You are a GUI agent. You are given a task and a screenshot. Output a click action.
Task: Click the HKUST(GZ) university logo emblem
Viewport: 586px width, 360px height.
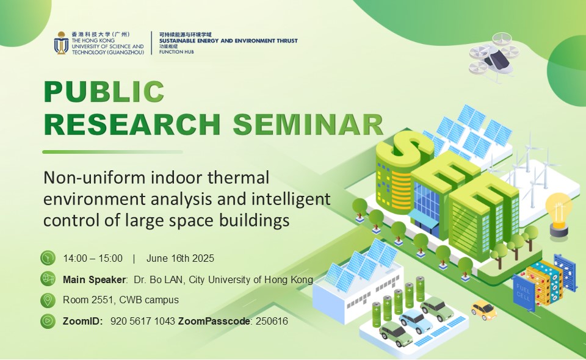[61, 43]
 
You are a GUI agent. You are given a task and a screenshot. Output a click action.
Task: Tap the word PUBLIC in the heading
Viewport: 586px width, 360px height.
[104, 91]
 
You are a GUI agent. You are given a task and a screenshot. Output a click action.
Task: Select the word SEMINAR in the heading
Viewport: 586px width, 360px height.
[308, 124]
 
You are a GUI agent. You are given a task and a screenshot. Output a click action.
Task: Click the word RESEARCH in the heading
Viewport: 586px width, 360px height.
[132, 124]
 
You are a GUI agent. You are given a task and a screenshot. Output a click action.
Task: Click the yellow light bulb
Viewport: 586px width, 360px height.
[559, 214]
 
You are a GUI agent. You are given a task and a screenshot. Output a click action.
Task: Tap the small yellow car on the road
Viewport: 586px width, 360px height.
[483, 310]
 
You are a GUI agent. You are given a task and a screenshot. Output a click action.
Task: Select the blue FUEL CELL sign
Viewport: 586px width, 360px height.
[523, 292]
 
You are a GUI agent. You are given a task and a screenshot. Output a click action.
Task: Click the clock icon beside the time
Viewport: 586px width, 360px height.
[48, 258]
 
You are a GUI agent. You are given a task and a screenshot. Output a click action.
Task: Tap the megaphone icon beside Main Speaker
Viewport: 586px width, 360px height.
[48, 279]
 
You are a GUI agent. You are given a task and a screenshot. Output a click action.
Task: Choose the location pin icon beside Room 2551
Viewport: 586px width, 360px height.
[48, 300]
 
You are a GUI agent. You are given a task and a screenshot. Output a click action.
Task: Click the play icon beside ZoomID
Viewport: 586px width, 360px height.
[48, 321]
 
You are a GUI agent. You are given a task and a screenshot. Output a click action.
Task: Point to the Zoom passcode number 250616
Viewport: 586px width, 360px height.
[272, 321]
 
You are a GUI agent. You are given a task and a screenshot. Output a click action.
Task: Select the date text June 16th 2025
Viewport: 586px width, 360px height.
[180, 259]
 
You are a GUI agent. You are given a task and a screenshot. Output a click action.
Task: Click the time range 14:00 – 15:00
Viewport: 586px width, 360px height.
[93, 259]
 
